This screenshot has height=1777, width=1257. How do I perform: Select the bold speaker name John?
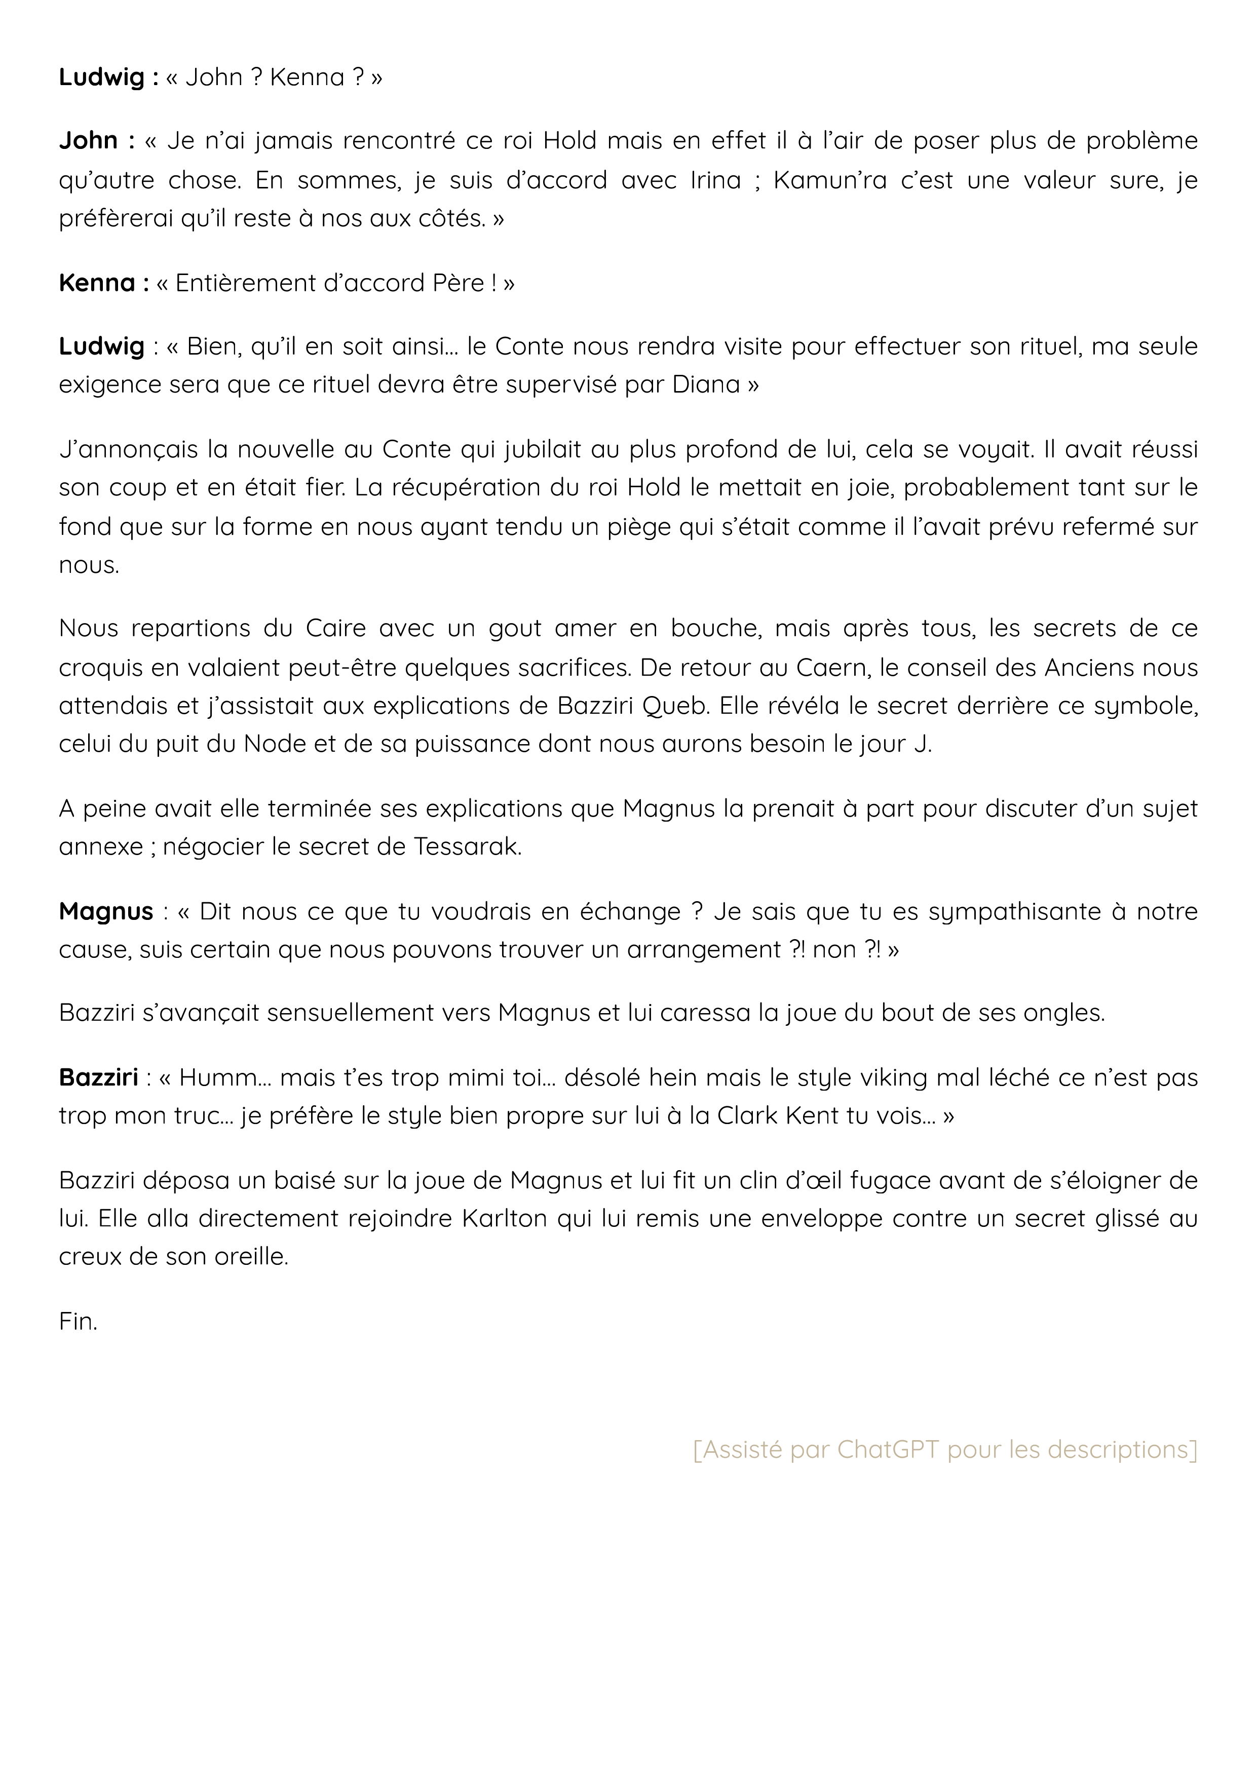coord(88,141)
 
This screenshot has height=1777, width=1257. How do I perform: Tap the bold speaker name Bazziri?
coord(98,1077)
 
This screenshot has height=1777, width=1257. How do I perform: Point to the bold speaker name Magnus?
coord(106,912)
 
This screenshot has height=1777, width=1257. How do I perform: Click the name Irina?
coord(715,180)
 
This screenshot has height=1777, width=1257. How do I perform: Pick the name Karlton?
coord(506,1219)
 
